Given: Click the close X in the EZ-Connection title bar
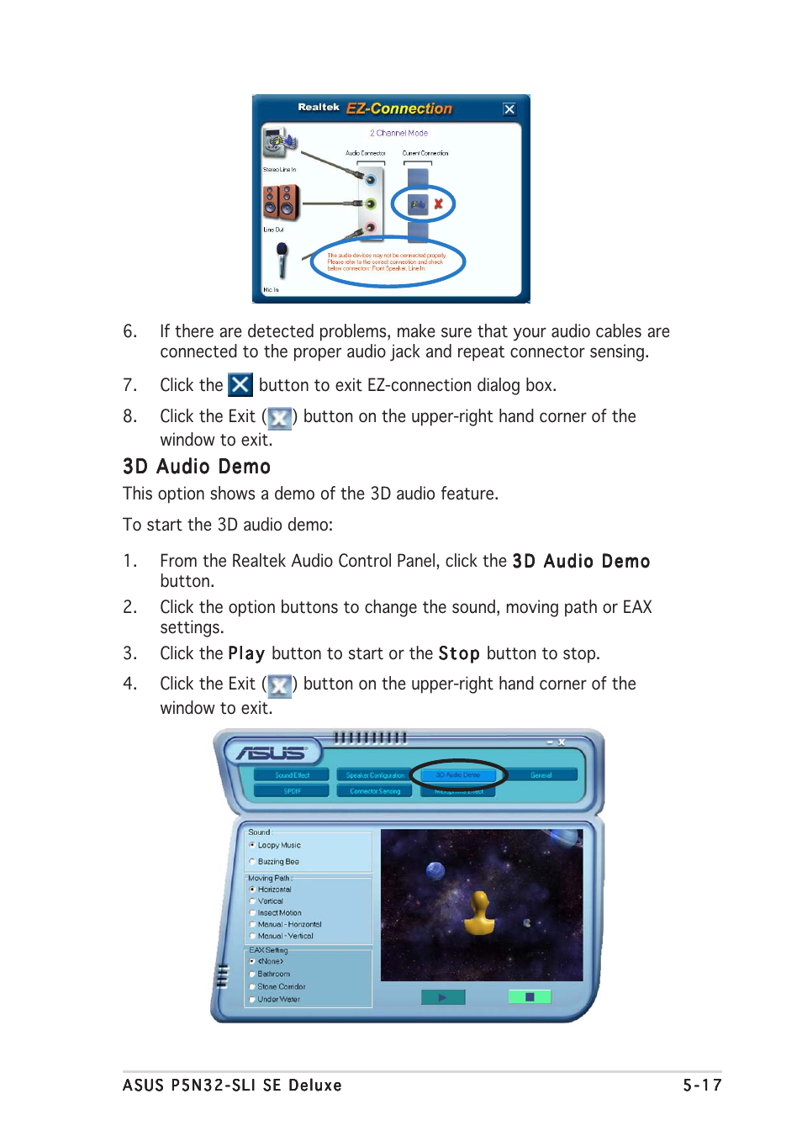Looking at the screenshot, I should (509, 109).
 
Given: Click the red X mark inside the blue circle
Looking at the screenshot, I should (438, 203).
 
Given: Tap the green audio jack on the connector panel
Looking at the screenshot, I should (370, 203).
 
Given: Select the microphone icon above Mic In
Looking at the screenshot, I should (282, 260).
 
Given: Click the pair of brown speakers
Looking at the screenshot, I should (281, 203).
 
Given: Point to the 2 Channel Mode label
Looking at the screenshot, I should (398, 133).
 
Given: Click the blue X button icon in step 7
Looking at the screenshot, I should (240, 385).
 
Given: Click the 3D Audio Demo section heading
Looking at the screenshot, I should (197, 467).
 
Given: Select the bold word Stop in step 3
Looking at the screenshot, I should (458, 654).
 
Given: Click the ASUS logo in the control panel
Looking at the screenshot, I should (271, 753).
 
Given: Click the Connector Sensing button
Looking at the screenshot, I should (375, 791).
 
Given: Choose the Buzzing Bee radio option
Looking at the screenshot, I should (252, 862).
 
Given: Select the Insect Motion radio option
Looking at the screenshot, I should (252, 912).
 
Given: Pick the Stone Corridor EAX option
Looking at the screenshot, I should (252, 986).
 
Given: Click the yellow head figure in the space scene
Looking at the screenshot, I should (479, 915).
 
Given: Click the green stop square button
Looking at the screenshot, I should (530, 997).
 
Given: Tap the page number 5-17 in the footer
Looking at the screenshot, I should (701, 1086).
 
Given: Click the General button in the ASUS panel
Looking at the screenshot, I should (541, 775).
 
